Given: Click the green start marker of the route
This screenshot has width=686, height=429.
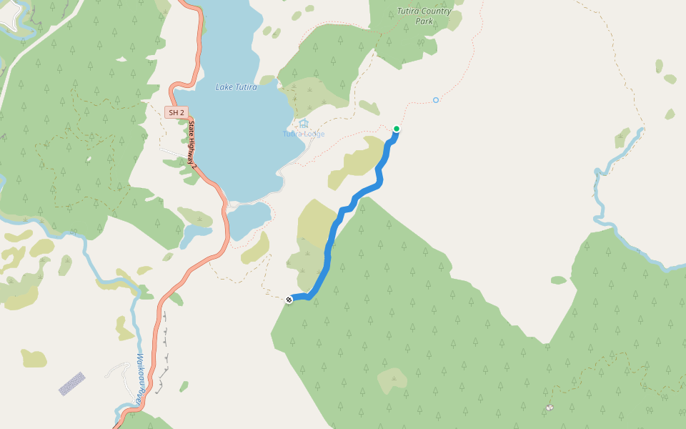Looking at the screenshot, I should click(x=396, y=129).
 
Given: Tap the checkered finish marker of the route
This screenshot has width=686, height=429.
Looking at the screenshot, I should click(x=289, y=300).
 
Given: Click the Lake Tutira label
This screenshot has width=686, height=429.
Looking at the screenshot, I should click(x=236, y=87).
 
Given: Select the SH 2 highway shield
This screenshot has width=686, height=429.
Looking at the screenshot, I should click(x=176, y=112).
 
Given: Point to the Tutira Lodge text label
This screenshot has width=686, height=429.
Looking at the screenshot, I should click(x=303, y=134).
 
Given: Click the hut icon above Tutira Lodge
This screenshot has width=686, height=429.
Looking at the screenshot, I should click(x=304, y=124).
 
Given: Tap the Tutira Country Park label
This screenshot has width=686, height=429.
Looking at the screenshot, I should click(x=424, y=16).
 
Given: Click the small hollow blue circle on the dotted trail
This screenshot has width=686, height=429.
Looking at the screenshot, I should click(x=436, y=100).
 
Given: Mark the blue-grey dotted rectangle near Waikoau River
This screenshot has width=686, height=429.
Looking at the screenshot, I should click(x=71, y=384).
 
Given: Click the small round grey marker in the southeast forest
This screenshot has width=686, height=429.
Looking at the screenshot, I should click(x=549, y=408).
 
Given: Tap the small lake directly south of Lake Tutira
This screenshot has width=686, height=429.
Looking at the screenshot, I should click(x=249, y=218).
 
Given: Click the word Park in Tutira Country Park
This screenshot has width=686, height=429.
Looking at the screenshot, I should click(x=424, y=21).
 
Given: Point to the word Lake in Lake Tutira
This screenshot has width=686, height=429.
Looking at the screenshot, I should click(x=224, y=87).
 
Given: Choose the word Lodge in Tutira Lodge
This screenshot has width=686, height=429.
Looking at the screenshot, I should click(x=313, y=134).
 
